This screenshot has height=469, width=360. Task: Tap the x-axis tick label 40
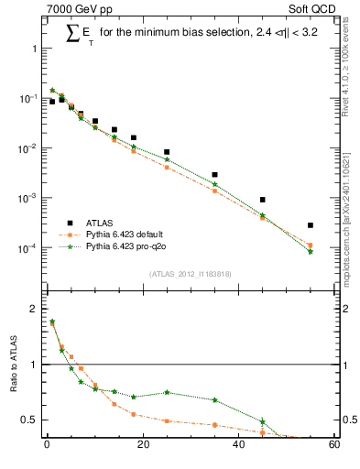click(x=238, y=446)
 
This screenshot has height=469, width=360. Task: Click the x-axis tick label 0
click(x=47, y=446)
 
